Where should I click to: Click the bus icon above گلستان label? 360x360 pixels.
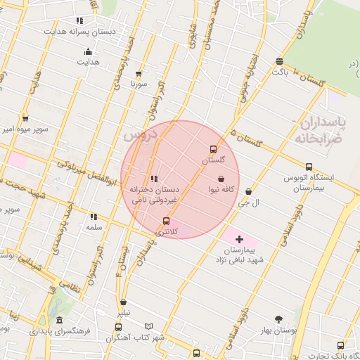pos(213,149)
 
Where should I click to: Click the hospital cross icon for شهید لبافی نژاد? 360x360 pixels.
pos(240,240)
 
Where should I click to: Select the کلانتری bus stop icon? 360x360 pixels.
pos(167,221)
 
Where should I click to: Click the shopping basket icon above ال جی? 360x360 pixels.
pos(249,191)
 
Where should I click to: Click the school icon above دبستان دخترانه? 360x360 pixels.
pos(154,179)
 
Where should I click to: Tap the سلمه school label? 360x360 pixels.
pos(94,228)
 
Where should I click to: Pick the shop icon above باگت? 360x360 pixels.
pos(280,61)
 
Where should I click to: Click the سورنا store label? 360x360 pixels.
pos(139,84)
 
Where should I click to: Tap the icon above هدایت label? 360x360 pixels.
pos(88,51)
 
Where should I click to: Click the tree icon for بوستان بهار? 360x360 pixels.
pos(279,319)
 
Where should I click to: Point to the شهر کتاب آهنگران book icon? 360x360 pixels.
pos(148,326)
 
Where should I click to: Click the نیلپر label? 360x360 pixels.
pos(123,312)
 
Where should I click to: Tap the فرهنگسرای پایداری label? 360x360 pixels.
pos(63,329)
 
